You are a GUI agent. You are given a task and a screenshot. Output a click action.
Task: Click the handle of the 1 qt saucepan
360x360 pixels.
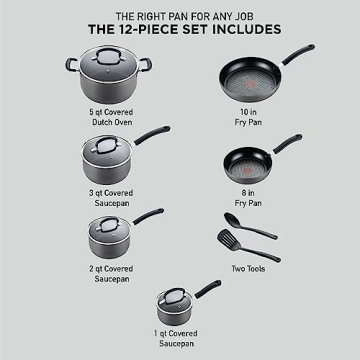click(x=206, y=292)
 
